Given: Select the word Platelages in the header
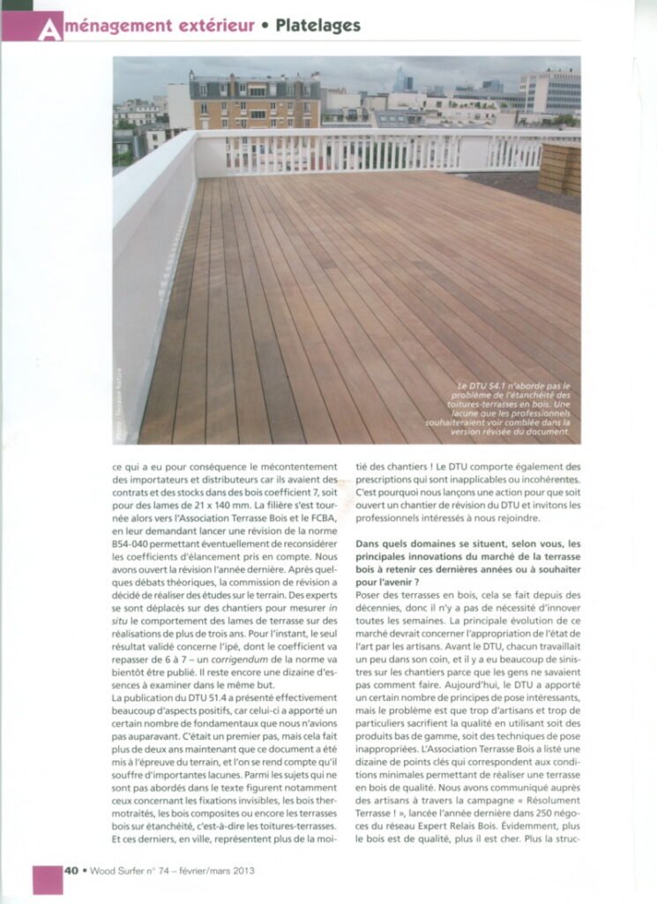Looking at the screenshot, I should pyautogui.click(x=317, y=26).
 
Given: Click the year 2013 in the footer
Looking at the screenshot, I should pyautogui.click(x=241, y=871).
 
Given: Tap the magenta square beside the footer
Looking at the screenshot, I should pyautogui.click(x=48, y=879).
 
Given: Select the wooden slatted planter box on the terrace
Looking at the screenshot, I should pyautogui.click(x=558, y=169).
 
